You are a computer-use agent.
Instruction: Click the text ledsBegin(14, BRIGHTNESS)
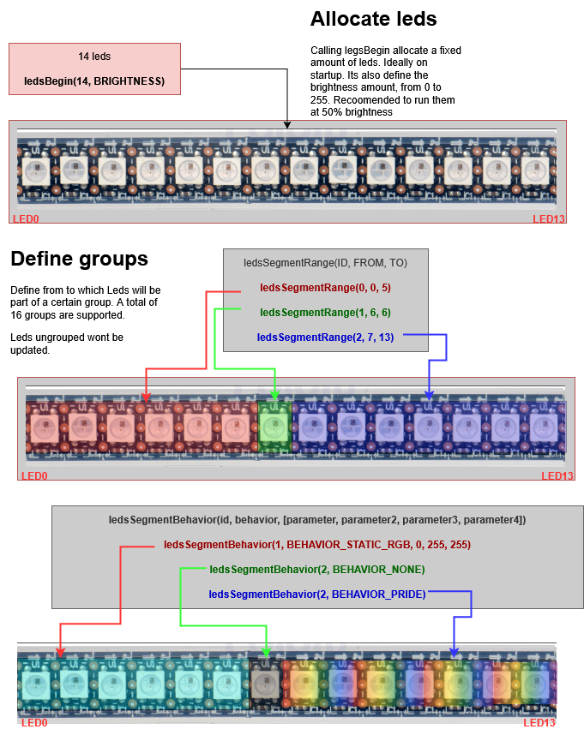94,81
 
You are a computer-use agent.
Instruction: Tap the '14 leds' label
94,57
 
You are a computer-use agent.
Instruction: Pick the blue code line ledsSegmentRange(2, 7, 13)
325,338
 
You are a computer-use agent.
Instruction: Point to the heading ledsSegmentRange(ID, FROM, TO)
325,263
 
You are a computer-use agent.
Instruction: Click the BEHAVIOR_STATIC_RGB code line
317,545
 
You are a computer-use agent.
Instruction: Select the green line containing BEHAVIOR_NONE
317,570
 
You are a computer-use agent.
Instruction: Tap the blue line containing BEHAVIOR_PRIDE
317,594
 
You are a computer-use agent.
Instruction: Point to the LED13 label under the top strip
549,219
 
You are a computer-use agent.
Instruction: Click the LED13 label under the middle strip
557,476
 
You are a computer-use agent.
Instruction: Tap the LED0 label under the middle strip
34,476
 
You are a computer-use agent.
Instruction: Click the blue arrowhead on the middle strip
429,395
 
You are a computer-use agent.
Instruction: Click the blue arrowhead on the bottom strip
454,653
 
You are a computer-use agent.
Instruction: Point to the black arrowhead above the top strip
287,125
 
